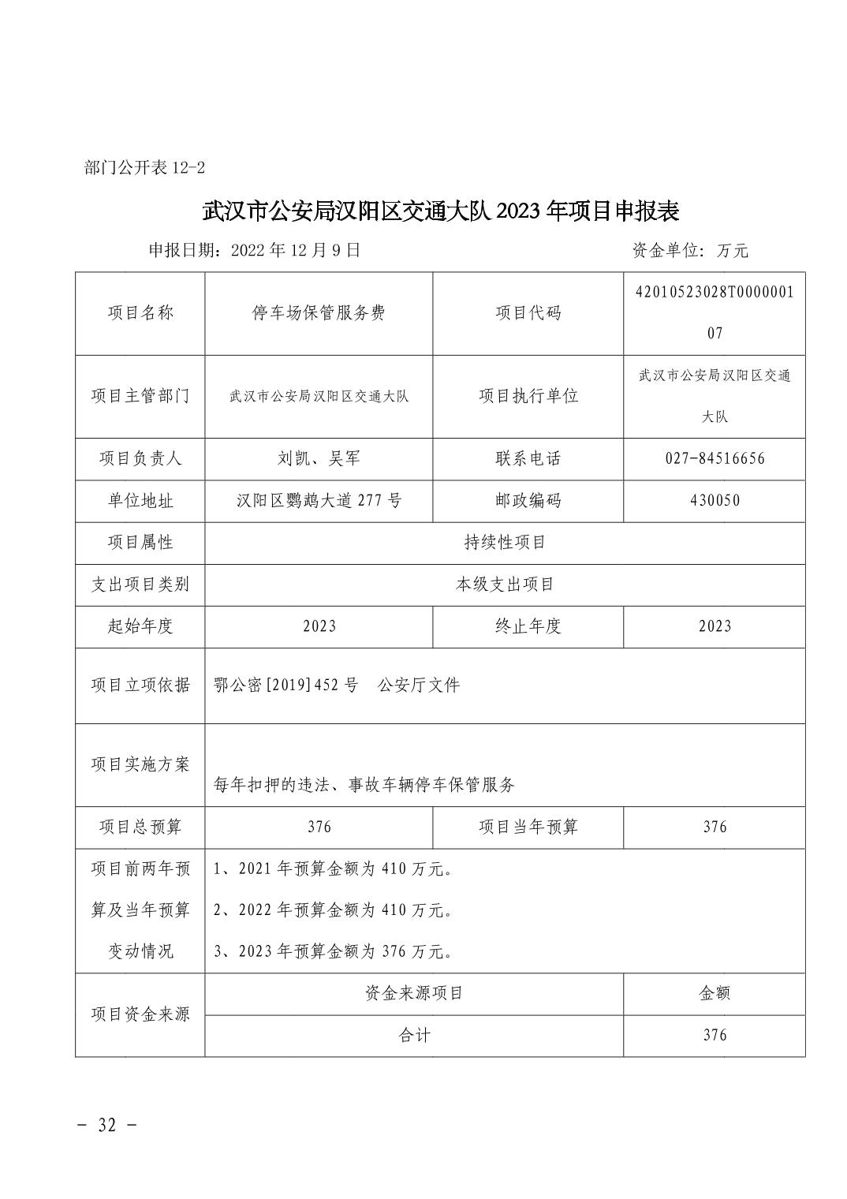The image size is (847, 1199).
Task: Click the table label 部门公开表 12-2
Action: [x=144, y=168]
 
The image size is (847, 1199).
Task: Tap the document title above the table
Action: [x=441, y=211]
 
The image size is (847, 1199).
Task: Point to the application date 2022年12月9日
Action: [x=295, y=250]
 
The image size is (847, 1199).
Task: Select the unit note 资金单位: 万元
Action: [x=689, y=251]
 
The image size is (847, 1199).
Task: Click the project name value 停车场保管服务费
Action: [x=319, y=313]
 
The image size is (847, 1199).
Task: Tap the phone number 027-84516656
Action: [x=715, y=458]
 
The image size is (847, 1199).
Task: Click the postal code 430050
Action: [x=715, y=500]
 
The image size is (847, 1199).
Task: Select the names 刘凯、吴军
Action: [x=319, y=458]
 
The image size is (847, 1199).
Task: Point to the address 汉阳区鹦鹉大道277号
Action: [x=319, y=500]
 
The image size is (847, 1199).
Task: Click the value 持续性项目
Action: [x=505, y=543]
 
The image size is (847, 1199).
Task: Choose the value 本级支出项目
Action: [x=505, y=585]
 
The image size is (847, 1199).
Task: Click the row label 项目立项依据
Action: [x=140, y=685]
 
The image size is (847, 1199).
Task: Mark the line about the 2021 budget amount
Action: [x=334, y=869]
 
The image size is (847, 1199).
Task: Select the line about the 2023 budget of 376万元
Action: [x=334, y=951]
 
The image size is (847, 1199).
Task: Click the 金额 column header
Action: [x=715, y=993]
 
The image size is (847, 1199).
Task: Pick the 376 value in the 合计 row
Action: [x=715, y=1035]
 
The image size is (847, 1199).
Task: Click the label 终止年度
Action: [x=528, y=626]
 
